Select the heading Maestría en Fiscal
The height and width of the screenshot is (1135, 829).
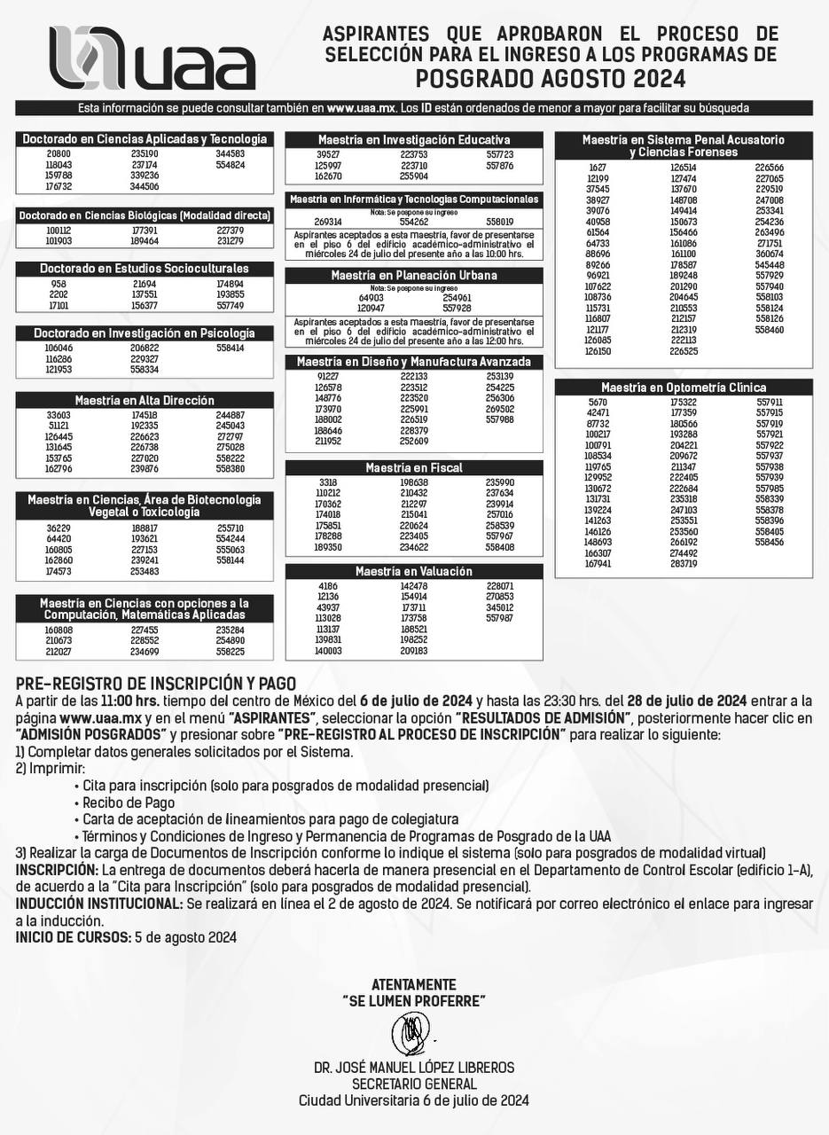point(414,467)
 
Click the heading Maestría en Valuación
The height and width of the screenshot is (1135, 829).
point(414,572)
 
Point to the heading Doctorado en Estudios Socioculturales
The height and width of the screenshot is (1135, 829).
point(145,269)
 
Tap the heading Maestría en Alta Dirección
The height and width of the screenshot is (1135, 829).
point(145,401)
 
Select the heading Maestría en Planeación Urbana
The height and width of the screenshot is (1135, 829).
point(414,276)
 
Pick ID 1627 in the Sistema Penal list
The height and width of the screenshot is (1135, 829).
point(598,168)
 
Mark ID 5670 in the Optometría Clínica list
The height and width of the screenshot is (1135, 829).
point(598,403)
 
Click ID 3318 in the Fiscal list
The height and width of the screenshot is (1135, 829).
point(327,482)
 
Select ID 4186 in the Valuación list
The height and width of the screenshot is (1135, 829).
point(327,586)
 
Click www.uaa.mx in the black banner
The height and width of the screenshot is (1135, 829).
point(360,108)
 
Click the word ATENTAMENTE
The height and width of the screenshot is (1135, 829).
point(414,985)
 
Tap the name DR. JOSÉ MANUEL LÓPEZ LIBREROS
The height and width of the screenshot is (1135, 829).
point(414,1068)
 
